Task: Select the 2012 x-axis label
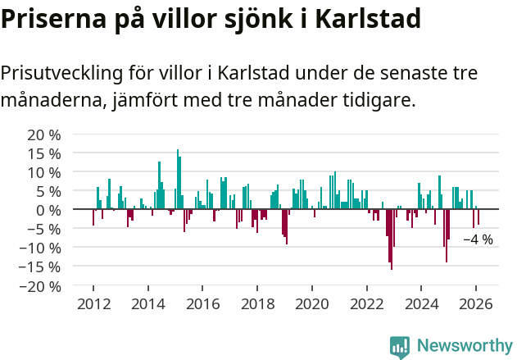click(93, 303)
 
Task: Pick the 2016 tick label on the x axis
click(202, 303)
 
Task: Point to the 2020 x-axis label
click(311, 303)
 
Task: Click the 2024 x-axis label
click(421, 303)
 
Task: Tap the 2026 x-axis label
click(476, 303)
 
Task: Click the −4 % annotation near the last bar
click(478, 240)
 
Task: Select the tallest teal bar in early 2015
click(177, 179)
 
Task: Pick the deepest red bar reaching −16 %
click(392, 239)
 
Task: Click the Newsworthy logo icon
click(400, 346)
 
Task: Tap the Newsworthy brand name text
click(465, 346)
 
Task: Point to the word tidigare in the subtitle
click(381, 101)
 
